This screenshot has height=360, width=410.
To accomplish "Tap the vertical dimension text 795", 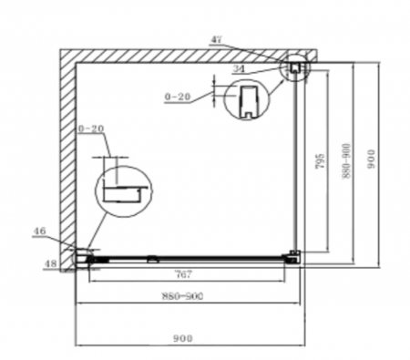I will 318,163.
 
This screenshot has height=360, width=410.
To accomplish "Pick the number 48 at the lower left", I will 50,265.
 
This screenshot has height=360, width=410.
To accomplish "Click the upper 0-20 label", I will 179,95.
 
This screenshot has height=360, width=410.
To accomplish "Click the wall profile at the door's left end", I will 85,257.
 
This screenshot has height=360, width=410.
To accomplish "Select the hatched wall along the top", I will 182,54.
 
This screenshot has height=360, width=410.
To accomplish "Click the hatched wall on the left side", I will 67,155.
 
